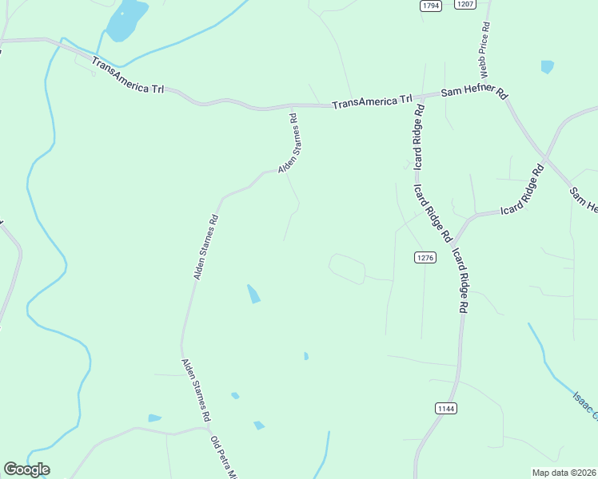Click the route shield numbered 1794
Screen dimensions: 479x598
coord(431,6)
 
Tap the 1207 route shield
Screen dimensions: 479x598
coord(464,4)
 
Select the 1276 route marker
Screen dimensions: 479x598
coord(425,257)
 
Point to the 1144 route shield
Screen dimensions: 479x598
coord(446,408)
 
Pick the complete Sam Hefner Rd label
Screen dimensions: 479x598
coord(475,93)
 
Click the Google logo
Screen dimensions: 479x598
coord(27,469)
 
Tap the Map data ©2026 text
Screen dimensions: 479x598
coord(564,473)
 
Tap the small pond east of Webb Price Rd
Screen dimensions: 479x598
coord(547,67)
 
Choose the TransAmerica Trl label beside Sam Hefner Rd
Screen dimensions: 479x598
coord(372,102)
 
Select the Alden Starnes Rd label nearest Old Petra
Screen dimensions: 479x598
coord(196,390)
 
